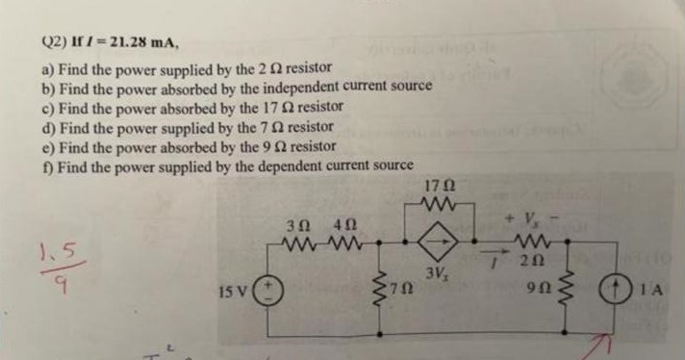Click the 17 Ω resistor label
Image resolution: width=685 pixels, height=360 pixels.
click(439, 186)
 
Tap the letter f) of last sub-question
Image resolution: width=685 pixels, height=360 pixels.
click(45, 165)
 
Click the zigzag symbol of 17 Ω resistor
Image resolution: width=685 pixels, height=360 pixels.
click(438, 203)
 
